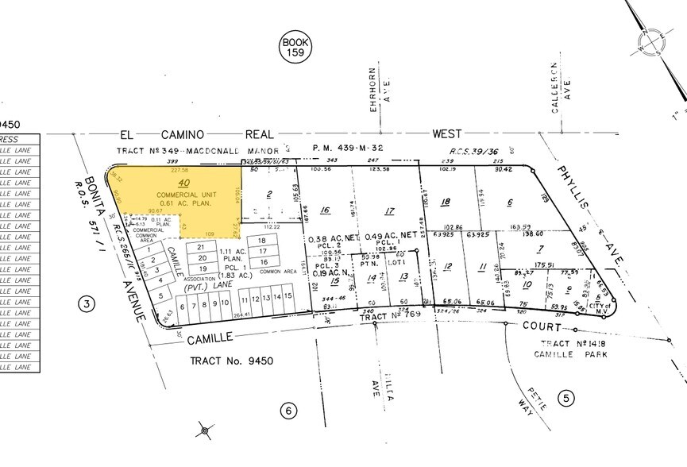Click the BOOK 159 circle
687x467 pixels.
click(x=295, y=47)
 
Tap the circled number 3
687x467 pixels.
click(x=88, y=303)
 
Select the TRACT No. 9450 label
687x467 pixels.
click(x=230, y=361)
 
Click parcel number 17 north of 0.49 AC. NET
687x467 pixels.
click(x=388, y=211)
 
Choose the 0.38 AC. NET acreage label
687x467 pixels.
click(x=329, y=237)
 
